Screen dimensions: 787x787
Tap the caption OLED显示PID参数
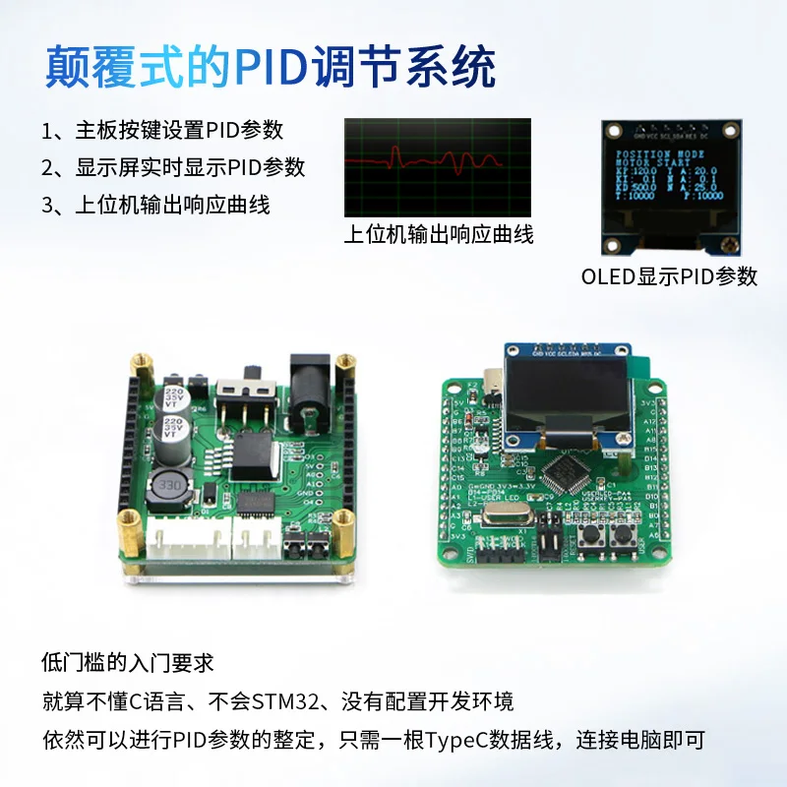point(669,276)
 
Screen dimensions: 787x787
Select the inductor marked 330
point(170,488)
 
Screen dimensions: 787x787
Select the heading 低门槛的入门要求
point(128,662)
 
